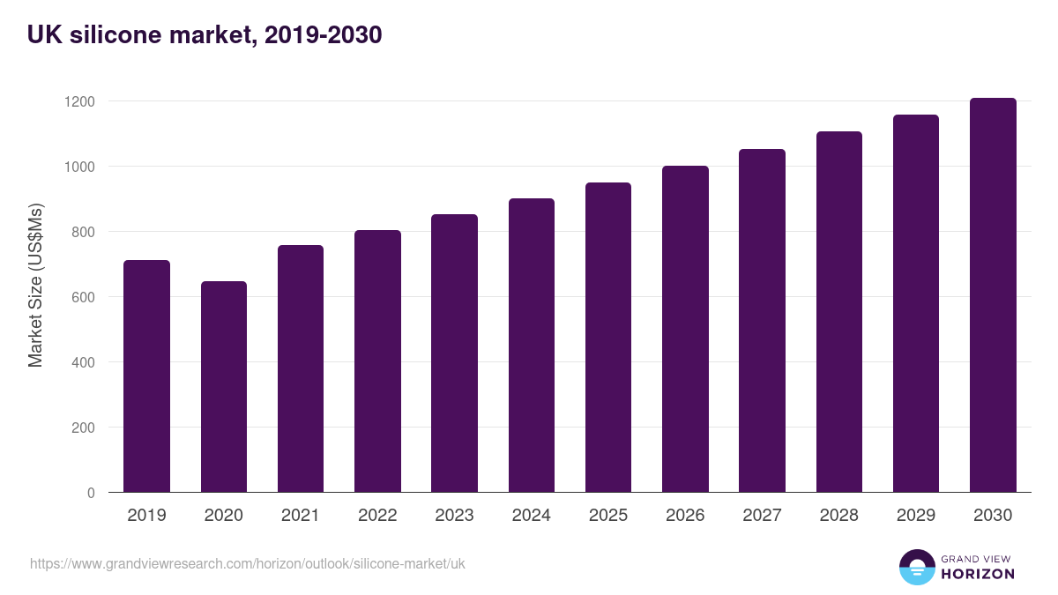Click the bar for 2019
(x=146, y=376)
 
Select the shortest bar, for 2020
(x=223, y=387)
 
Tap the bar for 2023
(x=454, y=353)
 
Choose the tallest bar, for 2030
(x=993, y=295)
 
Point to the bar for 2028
(x=838, y=312)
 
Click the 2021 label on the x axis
(x=300, y=516)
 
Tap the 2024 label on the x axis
(x=531, y=516)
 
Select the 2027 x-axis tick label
(x=762, y=516)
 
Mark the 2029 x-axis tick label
(x=915, y=516)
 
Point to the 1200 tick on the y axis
(x=79, y=101)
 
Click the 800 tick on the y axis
(x=84, y=232)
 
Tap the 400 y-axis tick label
(x=84, y=362)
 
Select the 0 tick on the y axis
(x=91, y=493)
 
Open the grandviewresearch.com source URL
(x=247, y=563)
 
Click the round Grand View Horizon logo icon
(x=917, y=567)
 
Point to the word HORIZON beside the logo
(x=979, y=574)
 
